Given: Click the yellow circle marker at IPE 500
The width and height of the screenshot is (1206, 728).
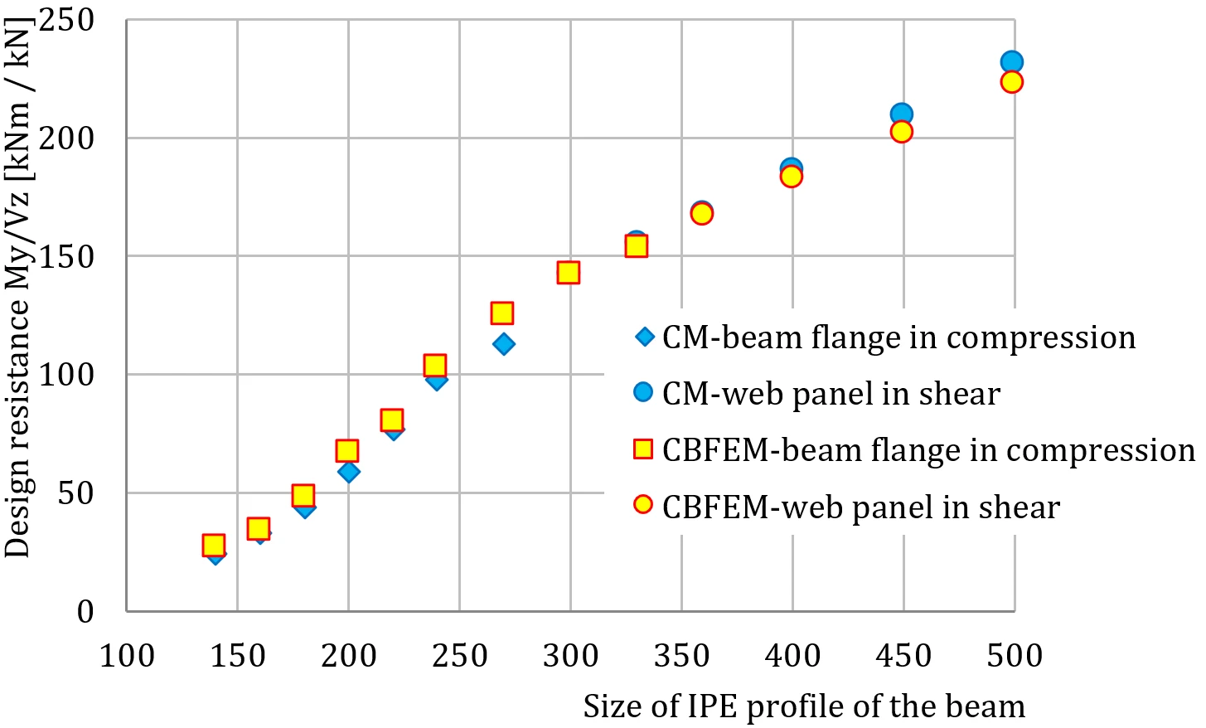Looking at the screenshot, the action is click(1012, 82).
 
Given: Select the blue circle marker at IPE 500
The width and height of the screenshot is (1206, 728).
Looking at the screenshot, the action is click(1012, 62).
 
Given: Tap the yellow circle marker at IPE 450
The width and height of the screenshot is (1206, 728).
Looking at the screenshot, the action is click(901, 131).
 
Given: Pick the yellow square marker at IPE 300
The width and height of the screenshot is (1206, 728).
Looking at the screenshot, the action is click(569, 273).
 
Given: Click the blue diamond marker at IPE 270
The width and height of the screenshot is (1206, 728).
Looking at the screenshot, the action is click(503, 344).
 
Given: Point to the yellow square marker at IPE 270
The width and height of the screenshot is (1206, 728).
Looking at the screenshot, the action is click(501, 313).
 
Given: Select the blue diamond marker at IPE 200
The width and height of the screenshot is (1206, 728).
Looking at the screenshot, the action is click(349, 472).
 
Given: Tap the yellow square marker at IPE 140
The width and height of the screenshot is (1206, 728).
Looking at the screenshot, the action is click(213, 545).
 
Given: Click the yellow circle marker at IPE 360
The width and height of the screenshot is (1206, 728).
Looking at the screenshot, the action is click(701, 214).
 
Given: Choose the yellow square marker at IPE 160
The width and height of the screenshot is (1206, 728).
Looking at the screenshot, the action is click(259, 529).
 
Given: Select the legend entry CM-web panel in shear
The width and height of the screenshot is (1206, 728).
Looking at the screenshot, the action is click(817, 394).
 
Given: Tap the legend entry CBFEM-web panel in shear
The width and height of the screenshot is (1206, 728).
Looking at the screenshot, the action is click(847, 507).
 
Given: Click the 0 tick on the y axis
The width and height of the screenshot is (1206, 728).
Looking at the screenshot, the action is click(85, 612).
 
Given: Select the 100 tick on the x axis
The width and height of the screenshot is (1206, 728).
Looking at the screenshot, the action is click(127, 656).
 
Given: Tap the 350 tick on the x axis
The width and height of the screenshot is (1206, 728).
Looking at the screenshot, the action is click(681, 656).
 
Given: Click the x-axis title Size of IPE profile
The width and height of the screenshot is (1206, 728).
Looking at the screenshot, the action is click(804, 706).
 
